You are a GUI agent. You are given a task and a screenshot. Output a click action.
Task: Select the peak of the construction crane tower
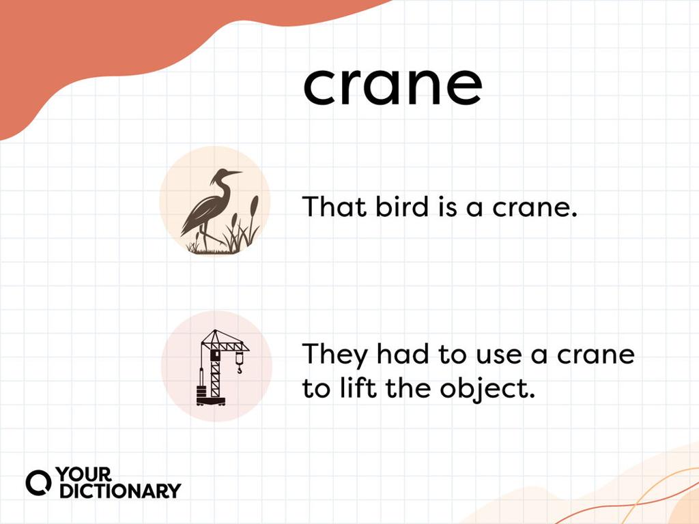217,333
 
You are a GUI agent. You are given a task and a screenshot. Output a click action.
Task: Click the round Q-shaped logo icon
39,482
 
